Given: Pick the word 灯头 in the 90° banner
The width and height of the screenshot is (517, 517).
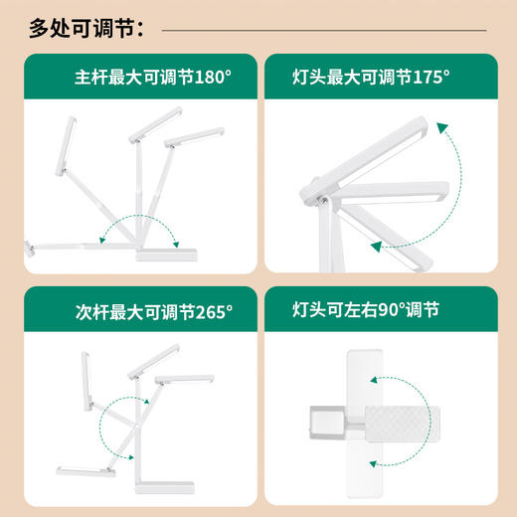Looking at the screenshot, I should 311,309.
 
